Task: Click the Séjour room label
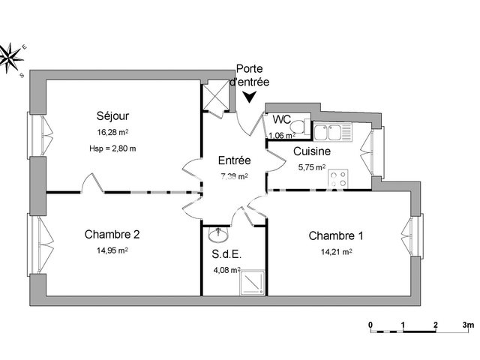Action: pos(112,116)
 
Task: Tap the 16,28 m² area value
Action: pos(112,132)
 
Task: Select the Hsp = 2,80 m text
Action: pos(112,148)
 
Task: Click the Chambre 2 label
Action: pos(112,234)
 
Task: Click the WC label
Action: pos(282,119)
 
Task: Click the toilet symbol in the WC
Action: pos(299,126)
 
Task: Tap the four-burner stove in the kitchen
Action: pos(339,180)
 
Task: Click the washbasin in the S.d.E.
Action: pos(219,233)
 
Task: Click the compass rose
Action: pos(12,56)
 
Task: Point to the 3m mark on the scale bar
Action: pos(467,325)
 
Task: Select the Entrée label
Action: pos(234,160)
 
